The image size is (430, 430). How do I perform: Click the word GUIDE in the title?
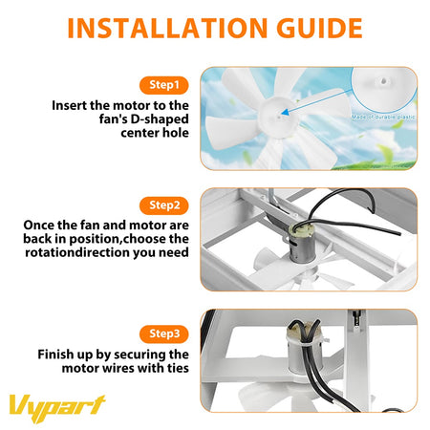(314, 28)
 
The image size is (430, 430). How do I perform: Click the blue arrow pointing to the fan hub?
(316, 100)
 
